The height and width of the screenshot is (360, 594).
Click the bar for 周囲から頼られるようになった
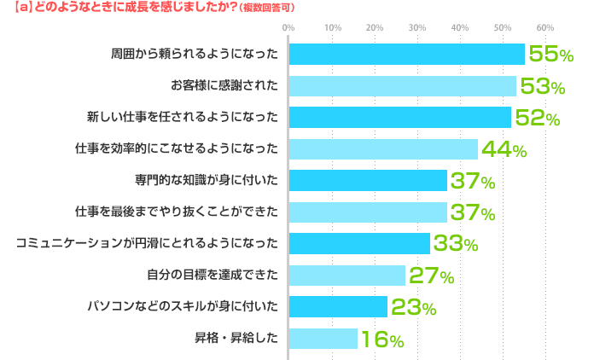[x=406, y=54]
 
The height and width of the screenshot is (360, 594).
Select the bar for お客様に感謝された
[x=402, y=85]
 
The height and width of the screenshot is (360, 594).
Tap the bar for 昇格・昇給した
[x=323, y=338]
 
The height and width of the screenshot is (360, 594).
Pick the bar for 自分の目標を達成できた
[x=346, y=275]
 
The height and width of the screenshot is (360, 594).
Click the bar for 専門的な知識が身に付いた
[x=368, y=180]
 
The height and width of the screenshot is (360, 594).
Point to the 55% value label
[x=550, y=55]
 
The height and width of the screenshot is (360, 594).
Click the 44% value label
[x=504, y=149]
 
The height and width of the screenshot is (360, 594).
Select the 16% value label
[x=381, y=339]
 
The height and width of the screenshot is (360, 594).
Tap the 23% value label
[x=413, y=307]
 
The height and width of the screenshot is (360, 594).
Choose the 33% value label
[x=455, y=244]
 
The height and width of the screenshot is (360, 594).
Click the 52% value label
[x=537, y=118]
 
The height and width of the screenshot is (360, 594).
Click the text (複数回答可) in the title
[x=267, y=8]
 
